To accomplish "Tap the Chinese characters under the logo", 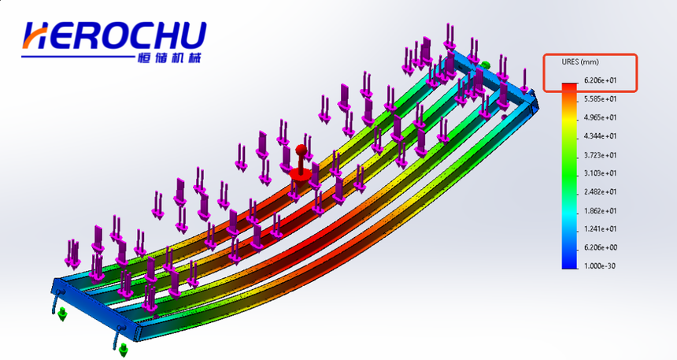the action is pyautogui.click(x=170, y=58).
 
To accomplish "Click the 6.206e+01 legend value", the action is pyautogui.click(x=600, y=80).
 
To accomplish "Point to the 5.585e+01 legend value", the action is pyautogui.click(x=600, y=99).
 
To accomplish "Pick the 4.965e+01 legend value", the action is pyautogui.click(x=600, y=117).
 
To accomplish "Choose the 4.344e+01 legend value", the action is pyautogui.click(x=600, y=136).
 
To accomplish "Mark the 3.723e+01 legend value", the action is pyautogui.click(x=600, y=155).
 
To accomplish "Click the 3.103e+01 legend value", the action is pyautogui.click(x=600, y=173).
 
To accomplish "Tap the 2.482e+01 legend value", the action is pyautogui.click(x=600, y=192).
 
